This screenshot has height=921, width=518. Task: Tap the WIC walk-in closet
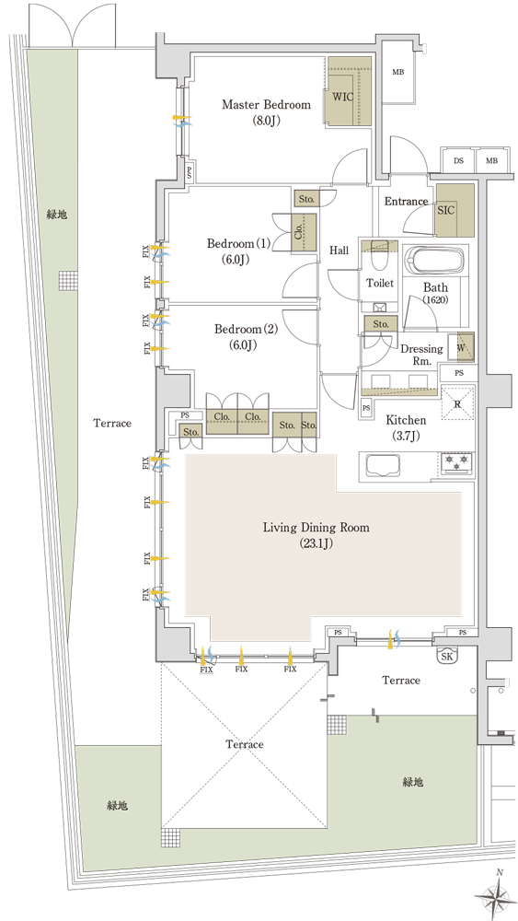click(x=349, y=91)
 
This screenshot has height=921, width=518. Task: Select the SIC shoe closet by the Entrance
click(x=455, y=210)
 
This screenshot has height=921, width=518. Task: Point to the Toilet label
click(x=380, y=283)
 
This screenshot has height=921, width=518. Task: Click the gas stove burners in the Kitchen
click(x=456, y=461)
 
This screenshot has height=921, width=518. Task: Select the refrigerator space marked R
click(x=457, y=403)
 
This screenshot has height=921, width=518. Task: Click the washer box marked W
click(x=461, y=347)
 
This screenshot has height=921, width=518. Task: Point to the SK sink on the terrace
click(x=447, y=657)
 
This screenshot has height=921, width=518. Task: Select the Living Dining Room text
click(x=316, y=528)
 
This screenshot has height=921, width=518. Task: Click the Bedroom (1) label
click(x=239, y=251)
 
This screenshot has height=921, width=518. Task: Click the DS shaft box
click(x=458, y=159)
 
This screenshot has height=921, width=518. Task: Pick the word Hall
click(x=339, y=251)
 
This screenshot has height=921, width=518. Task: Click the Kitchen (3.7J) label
click(x=406, y=427)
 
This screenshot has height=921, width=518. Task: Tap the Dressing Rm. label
click(x=421, y=355)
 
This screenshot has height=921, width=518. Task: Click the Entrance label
click(x=406, y=202)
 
